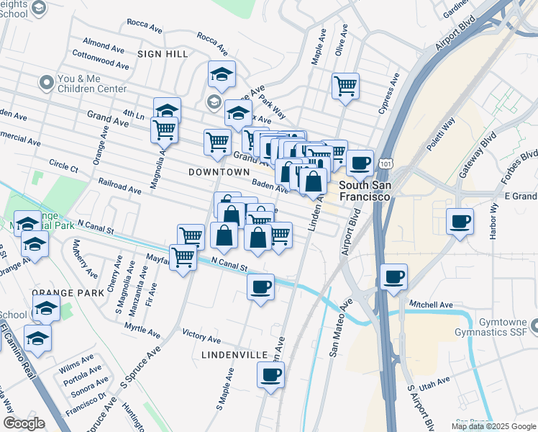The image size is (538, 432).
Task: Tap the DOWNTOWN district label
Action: (219, 173)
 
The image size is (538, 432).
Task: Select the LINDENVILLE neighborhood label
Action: (234, 355)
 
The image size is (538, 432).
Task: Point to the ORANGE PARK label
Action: (58, 294)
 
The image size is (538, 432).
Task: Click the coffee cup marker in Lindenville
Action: (270, 375)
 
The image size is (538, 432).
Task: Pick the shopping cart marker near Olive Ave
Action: (346, 86)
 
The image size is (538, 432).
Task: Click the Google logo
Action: (24, 423)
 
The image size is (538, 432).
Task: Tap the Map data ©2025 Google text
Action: (493, 426)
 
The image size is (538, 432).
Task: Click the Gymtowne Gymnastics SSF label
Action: (496, 328)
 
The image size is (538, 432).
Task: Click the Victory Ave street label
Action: (201, 337)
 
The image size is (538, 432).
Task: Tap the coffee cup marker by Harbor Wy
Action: (459, 221)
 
